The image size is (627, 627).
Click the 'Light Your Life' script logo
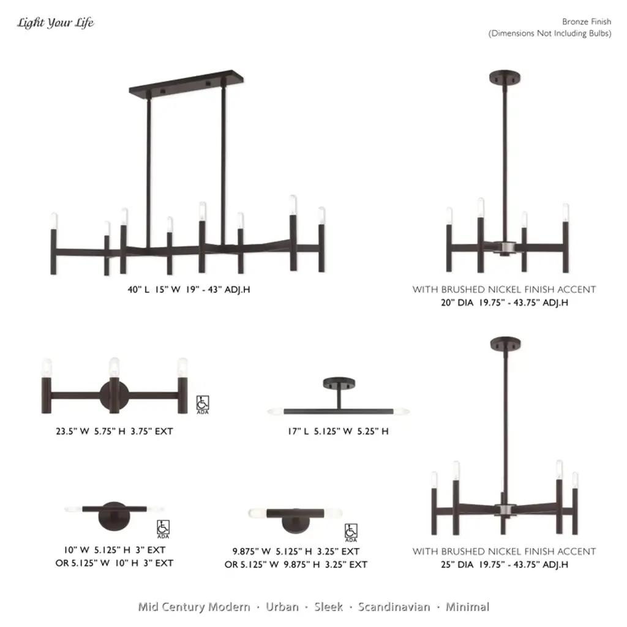point(55,23)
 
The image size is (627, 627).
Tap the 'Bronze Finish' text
point(586,21)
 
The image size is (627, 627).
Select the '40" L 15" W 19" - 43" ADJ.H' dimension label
point(189,290)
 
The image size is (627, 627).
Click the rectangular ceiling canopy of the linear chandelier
point(186,83)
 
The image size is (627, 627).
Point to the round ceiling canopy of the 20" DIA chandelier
point(505,77)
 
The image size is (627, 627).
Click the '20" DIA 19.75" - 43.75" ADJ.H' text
point(505,302)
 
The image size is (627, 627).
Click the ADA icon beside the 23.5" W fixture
point(203,405)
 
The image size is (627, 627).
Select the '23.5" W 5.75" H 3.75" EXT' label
point(115,431)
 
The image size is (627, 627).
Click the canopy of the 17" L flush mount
point(339,383)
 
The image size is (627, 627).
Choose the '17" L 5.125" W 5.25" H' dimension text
point(338,431)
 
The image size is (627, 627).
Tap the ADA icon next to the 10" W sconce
point(163,529)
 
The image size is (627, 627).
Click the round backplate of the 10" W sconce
point(114,516)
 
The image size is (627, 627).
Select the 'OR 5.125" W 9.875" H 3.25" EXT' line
point(296,565)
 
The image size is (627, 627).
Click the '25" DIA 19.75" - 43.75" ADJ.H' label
point(505,565)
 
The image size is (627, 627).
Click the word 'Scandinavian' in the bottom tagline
point(394,607)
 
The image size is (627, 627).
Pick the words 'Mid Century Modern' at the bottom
point(194,607)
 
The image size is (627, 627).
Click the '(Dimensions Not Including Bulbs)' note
point(550,34)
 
